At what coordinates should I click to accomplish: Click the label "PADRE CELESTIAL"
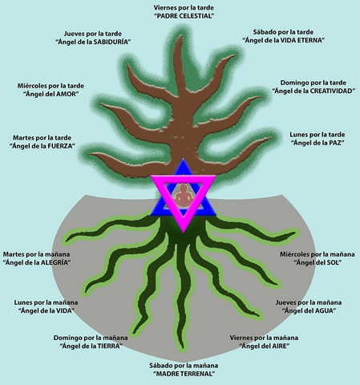184,16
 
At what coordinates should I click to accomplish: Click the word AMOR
67,94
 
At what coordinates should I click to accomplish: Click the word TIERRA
108,346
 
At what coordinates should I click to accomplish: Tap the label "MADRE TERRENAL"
184,374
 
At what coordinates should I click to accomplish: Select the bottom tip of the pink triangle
184,232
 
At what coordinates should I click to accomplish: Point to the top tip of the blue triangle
184,159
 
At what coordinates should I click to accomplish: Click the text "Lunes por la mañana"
46,302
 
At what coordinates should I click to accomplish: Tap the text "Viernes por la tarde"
184,8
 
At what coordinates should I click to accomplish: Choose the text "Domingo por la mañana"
91,338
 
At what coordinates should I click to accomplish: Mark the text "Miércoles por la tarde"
51,86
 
